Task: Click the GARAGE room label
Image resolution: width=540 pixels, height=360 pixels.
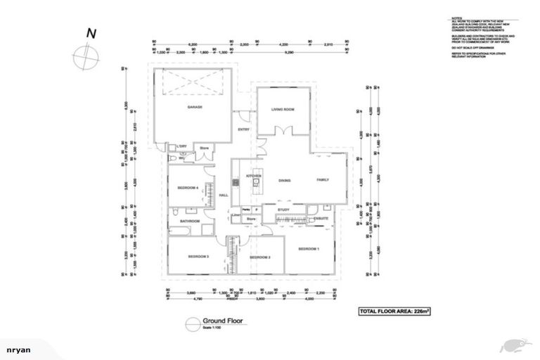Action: click(x=195, y=107)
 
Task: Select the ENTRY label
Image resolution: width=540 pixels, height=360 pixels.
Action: click(x=244, y=129)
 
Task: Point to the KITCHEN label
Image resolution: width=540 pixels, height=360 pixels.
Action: click(x=253, y=175)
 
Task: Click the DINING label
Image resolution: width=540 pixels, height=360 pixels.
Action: click(x=284, y=181)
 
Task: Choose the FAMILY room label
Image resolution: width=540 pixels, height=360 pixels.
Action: click(x=322, y=180)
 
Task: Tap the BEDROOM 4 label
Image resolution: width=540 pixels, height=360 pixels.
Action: click(x=187, y=188)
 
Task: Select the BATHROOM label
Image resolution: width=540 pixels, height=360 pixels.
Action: click(x=190, y=221)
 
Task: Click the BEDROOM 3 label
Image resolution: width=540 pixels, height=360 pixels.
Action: click(x=198, y=257)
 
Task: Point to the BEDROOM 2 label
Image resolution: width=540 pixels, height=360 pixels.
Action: click(x=260, y=257)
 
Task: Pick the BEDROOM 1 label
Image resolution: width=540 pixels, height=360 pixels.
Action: click(x=309, y=249)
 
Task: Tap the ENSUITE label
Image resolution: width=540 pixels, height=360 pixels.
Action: click(x=321, y=219)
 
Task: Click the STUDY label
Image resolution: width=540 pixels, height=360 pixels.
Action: click(x=283, y=210)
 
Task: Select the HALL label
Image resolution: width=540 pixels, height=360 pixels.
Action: click(x=224, y=195)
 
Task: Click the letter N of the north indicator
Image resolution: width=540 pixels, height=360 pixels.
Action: click(x=91, y=33)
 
